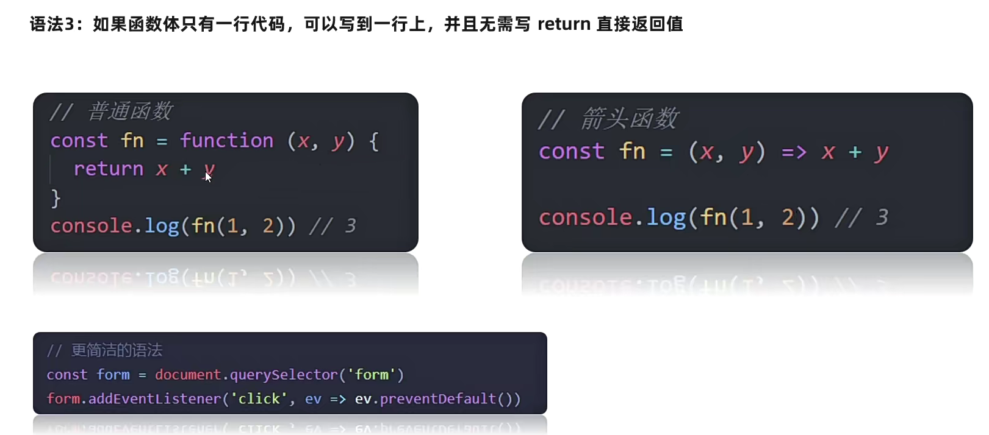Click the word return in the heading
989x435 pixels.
click(564, 24)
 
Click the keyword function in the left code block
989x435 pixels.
click(226, 141)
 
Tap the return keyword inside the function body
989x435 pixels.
click(108, 169)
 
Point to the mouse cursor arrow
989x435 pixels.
click(207, 177)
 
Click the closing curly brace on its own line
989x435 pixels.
click(56, 198)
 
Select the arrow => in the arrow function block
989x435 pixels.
click(794, 152)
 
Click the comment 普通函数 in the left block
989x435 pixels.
click(130, 111)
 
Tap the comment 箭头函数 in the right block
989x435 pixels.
click(629, 119)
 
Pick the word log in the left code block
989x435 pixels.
click(162, 226)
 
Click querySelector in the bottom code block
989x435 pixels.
click(283, 375)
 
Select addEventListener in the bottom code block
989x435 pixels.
click(154, 399)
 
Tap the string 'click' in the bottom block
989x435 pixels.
click(259, 399)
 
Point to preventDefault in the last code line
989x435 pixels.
click(437, 399)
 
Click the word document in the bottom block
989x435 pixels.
click(187, 375)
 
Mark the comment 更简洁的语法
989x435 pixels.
click(117, 350)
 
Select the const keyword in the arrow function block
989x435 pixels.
click(571, 152)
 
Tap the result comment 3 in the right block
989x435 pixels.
click(882, 217)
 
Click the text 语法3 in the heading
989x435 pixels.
click(52, 24)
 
